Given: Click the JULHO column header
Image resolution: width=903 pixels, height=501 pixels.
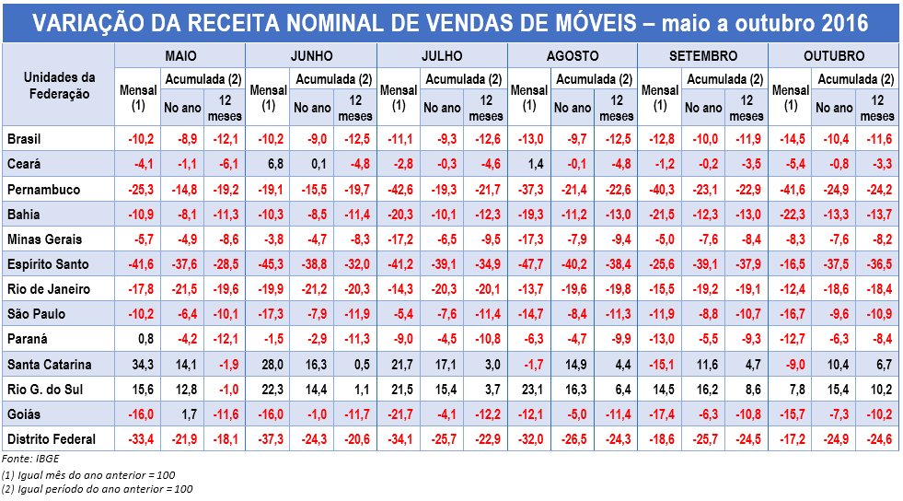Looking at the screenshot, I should tap(442, 56).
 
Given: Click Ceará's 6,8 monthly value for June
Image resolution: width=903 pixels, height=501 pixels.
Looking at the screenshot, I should tap(268, 164).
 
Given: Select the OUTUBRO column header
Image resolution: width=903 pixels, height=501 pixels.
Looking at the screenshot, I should tap(833, 56).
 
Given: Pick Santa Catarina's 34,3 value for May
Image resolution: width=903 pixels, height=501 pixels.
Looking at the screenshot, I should tap(137, 363).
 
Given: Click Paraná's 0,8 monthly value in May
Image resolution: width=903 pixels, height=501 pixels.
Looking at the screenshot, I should tap(137, 338).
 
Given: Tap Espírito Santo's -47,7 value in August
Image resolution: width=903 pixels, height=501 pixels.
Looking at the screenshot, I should tap(529, 263).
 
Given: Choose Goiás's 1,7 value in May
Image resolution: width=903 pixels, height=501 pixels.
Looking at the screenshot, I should tap(181, 413).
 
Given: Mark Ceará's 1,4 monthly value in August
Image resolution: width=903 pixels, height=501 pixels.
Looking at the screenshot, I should tap(529, 164).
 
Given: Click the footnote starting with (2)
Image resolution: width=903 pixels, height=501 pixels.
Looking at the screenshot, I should tap(97, 488).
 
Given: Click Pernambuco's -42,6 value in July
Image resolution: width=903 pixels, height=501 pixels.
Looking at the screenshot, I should tap(398, 189).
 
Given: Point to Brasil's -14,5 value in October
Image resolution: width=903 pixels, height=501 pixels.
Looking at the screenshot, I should tap(789, 139).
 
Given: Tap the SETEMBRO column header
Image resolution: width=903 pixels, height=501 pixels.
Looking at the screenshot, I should tap(703, 56).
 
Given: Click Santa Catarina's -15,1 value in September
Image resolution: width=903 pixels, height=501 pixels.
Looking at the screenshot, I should tap(659, 363).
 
